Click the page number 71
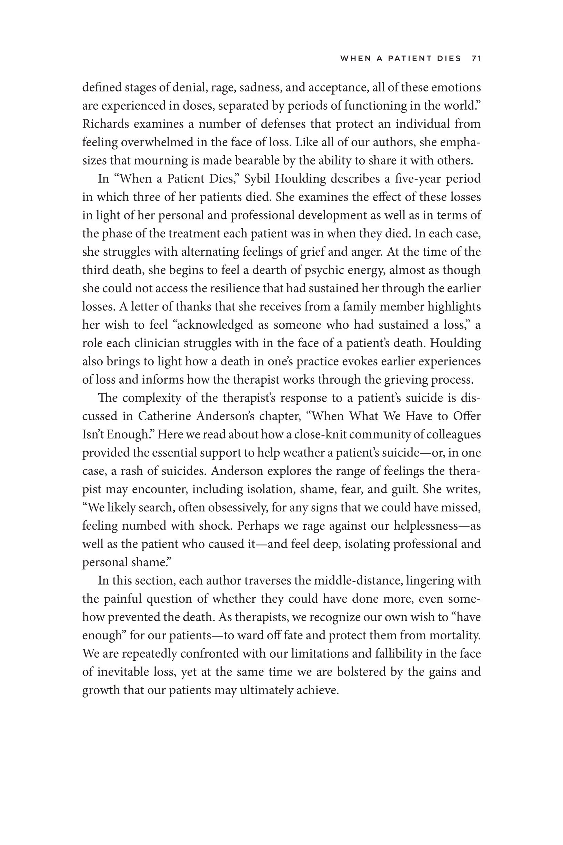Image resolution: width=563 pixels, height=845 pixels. point(476,59)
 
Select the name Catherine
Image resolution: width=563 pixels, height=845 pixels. point(165,416)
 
